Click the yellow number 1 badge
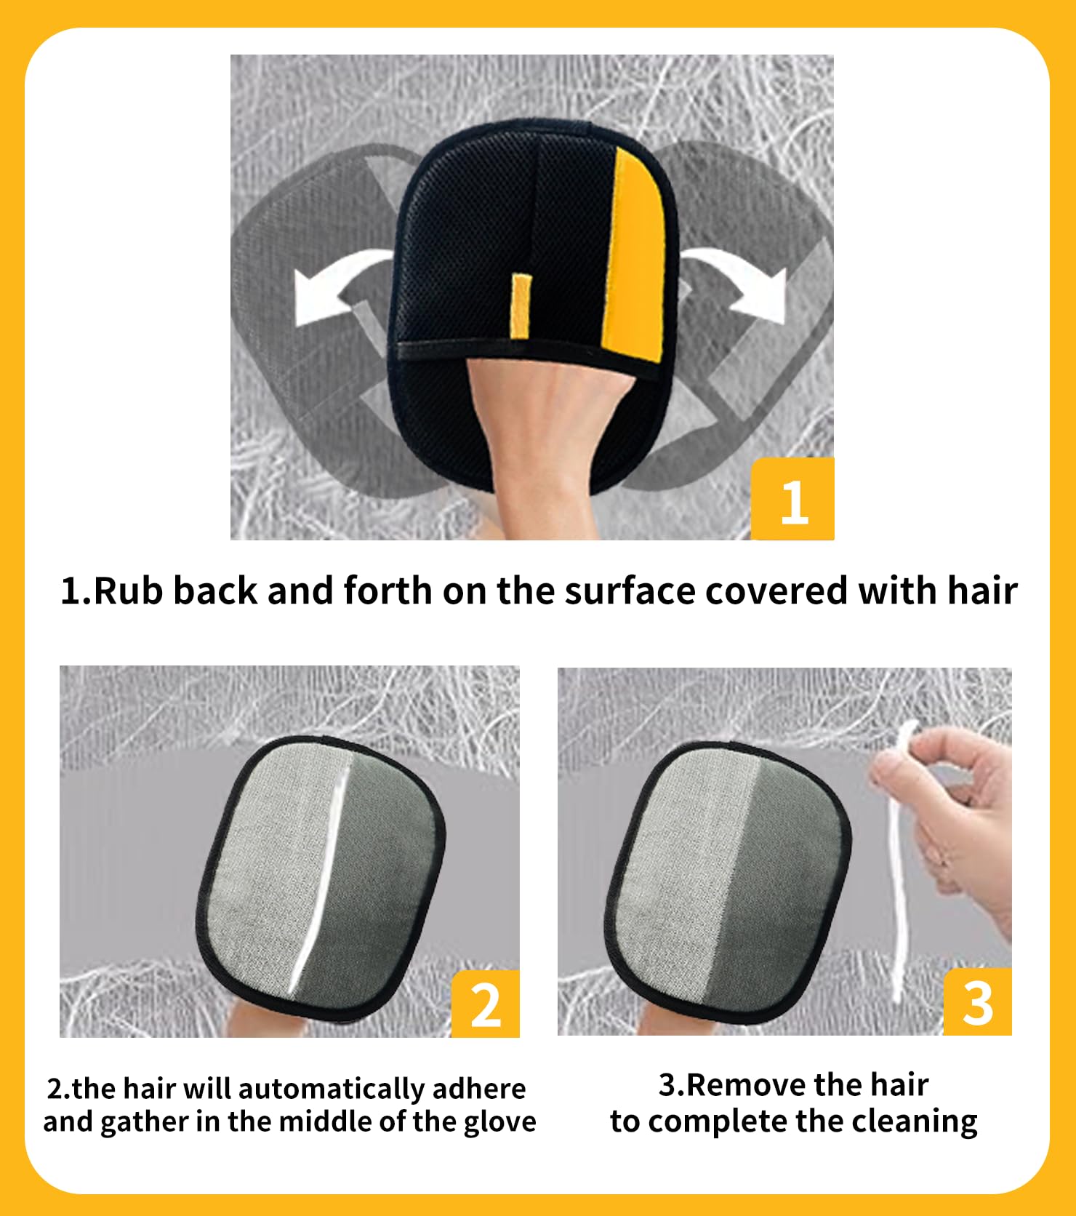[792, 499]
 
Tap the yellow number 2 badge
[486, 1004]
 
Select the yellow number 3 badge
[978, 1001]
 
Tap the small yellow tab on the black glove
[520, 305]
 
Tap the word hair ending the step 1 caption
[982, 590]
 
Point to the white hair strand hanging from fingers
[897, 873]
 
